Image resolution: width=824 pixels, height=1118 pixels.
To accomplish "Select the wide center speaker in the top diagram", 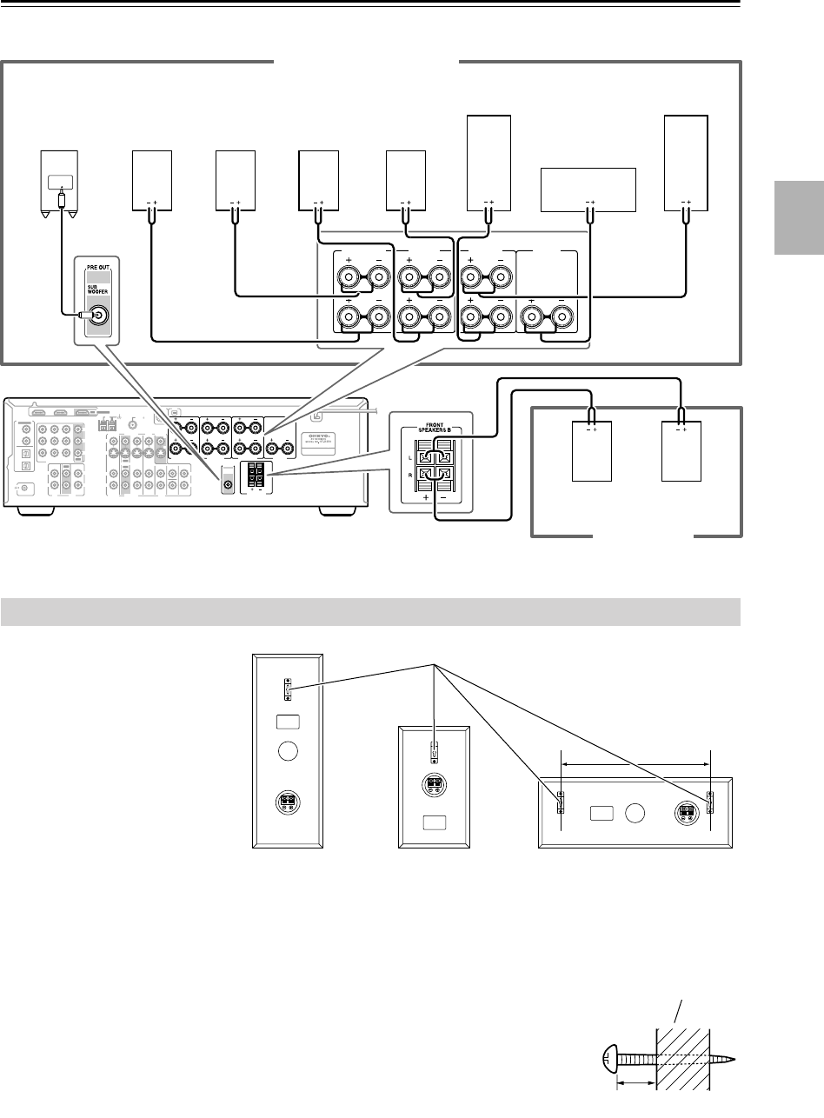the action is click(x=588, y=190).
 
